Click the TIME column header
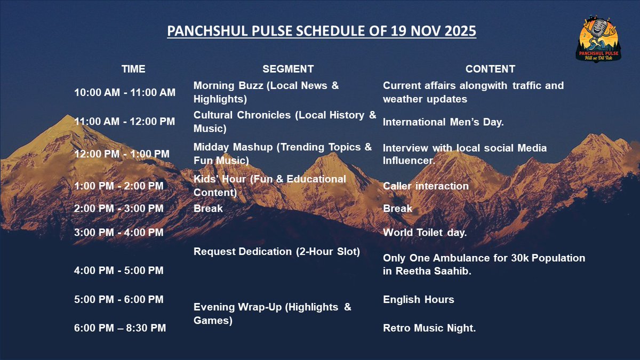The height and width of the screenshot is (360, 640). point(133,69)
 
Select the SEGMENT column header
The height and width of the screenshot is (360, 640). point(288,69)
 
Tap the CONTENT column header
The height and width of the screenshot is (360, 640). point(490,69)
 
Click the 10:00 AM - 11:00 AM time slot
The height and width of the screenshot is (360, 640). point(125,93)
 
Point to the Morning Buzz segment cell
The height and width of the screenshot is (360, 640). point(266,92)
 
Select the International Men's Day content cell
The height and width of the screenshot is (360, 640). point(443,122)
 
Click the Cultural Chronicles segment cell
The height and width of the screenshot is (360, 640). point(285,122)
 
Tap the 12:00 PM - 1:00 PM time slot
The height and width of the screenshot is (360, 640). point(122,154)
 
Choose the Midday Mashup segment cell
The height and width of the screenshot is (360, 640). point(283,154)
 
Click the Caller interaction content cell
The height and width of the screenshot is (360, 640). point(426,186)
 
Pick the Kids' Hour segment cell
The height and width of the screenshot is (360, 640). point(269,186)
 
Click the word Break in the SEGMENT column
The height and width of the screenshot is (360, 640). point(208,209)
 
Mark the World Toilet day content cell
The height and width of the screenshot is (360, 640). point(425,233)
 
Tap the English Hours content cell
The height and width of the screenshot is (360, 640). point(419,300)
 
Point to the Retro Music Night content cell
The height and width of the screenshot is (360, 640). point(429,329)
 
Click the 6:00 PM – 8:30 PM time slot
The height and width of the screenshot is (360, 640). point(120,329)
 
